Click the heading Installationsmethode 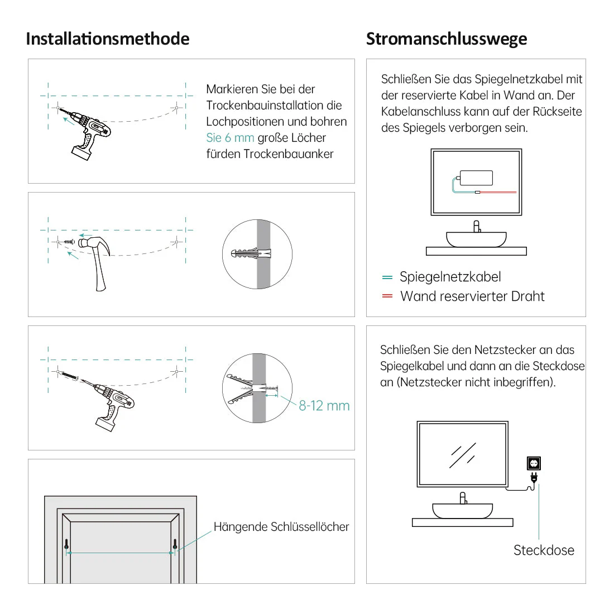(107, 39)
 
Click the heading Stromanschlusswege (447, 39)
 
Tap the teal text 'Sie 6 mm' (230, 138)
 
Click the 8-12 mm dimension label (324, 406)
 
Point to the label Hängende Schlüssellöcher (281, 527)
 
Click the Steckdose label (544, 550)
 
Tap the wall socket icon (534, 463)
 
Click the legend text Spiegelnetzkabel (450, 277)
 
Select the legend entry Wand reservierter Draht (472, 296)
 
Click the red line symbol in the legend (387, 296)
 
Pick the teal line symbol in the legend (387, 277)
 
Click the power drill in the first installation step (89, 134)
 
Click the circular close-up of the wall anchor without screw (257, 254)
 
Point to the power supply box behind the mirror (476, 178)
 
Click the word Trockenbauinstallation (274, 105)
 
